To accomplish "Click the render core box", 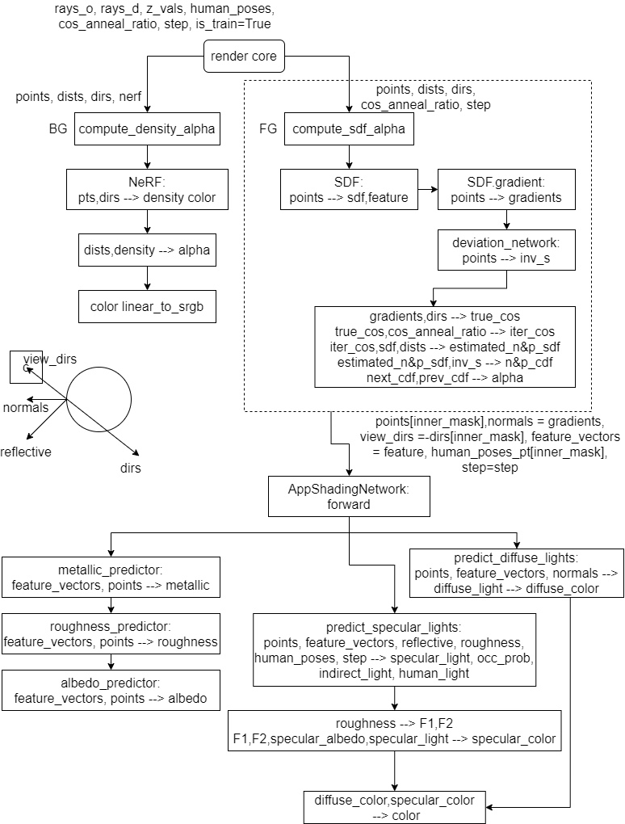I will point(243,57).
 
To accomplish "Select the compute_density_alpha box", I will point(147,128).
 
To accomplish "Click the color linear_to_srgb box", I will point(147,306).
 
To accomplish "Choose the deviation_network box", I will point(506,250).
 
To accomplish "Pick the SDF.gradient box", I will point(506,189).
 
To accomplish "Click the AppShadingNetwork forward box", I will point(349,496).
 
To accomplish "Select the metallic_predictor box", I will point(111,577).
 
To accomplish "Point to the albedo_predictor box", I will point(111,690).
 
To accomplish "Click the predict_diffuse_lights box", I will point(517,573).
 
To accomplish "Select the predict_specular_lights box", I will point(395,650).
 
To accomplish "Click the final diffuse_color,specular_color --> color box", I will point(395,807).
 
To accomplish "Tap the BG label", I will point(57,128).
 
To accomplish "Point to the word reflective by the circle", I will point(26,452).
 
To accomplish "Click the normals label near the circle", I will point(26,407).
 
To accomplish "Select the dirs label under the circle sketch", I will point(130,468).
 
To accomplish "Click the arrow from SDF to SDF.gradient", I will point(428,191).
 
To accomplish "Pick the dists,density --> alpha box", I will point(147,250).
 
